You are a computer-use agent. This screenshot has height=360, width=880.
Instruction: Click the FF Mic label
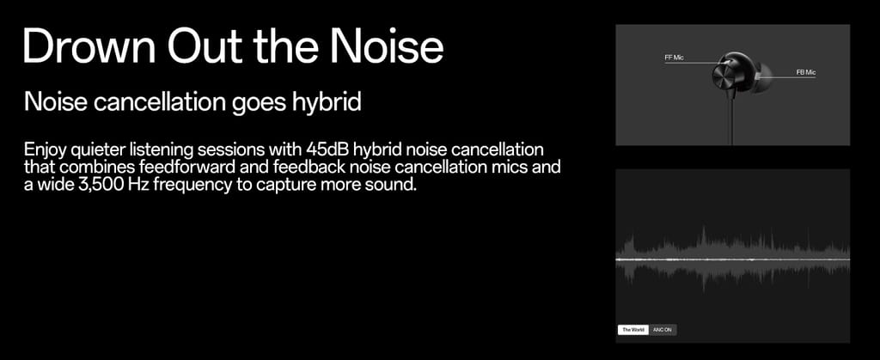coord(674,58)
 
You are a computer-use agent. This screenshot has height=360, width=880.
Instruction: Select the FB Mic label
coord(805,72)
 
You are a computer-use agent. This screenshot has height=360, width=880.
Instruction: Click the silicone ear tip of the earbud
coord(764,76)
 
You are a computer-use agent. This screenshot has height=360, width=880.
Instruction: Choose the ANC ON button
coord(663,330)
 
